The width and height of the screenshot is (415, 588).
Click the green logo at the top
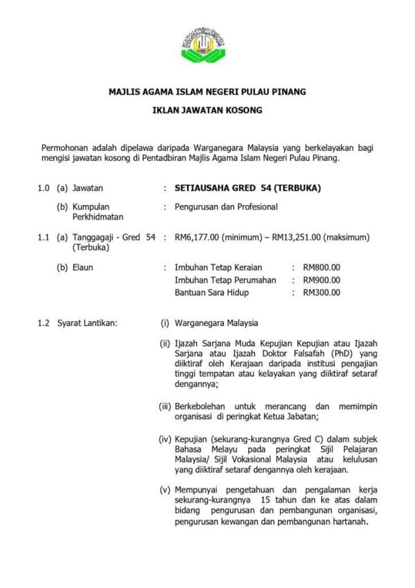click(x=207, y=44)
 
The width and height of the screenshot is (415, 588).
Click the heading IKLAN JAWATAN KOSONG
click(x=207, y=109)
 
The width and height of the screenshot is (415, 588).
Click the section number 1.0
click(x=44, y=188)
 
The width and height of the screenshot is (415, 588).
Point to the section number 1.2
click(x=44, y=322)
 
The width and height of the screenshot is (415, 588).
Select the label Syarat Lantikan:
click(x=88, y=322)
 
